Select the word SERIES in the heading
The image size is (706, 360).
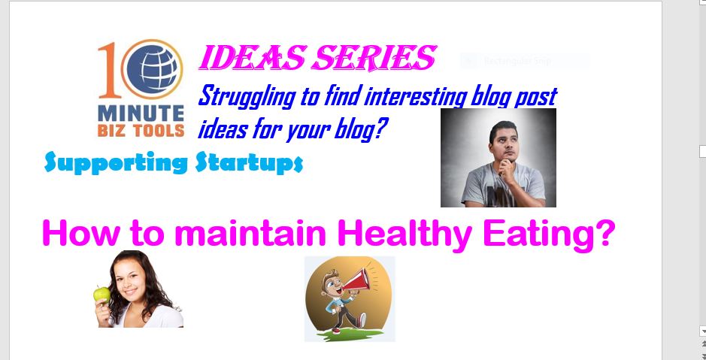374,59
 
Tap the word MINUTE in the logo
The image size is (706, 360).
141,113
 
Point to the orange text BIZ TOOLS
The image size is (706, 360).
141,130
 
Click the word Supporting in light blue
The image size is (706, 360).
117,163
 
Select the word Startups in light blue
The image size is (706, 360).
249,163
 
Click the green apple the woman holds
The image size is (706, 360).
102,294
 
